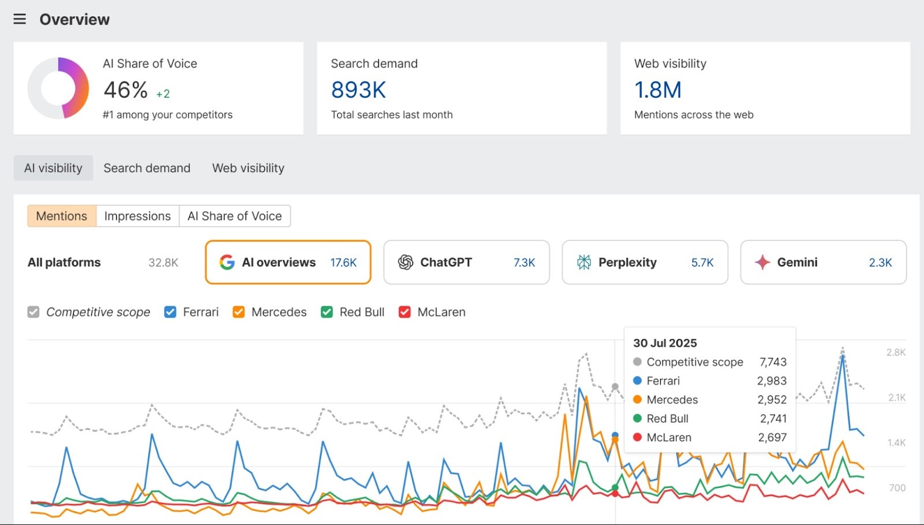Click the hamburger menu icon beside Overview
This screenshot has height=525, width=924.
point(20,19)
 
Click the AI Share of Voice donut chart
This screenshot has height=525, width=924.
point(58,88)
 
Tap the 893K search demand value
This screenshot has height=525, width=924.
point(358,90)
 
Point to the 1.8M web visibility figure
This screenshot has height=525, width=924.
point(658,90)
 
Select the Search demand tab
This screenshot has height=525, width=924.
point(147,168)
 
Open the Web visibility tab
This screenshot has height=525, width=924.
point(248,168)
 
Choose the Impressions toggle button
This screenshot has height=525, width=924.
point(137,216)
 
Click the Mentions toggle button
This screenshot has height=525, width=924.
point(62,216)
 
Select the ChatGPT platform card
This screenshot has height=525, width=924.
point(466,262)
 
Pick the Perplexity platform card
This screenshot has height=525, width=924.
point(644,262)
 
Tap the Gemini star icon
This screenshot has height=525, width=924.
point(762,262)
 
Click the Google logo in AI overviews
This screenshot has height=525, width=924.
point(227,262)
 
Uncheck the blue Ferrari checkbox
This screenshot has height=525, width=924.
point(170,312)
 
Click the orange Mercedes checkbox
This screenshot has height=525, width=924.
point(239,312)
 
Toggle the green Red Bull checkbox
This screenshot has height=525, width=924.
point(327,312)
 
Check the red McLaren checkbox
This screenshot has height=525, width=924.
point(405,312)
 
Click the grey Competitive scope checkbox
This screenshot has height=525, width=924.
point(33,312)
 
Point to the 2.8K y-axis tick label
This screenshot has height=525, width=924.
point(896,352)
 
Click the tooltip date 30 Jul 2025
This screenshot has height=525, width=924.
point(665,343)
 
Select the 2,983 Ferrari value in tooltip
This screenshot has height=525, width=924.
point(772,381)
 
